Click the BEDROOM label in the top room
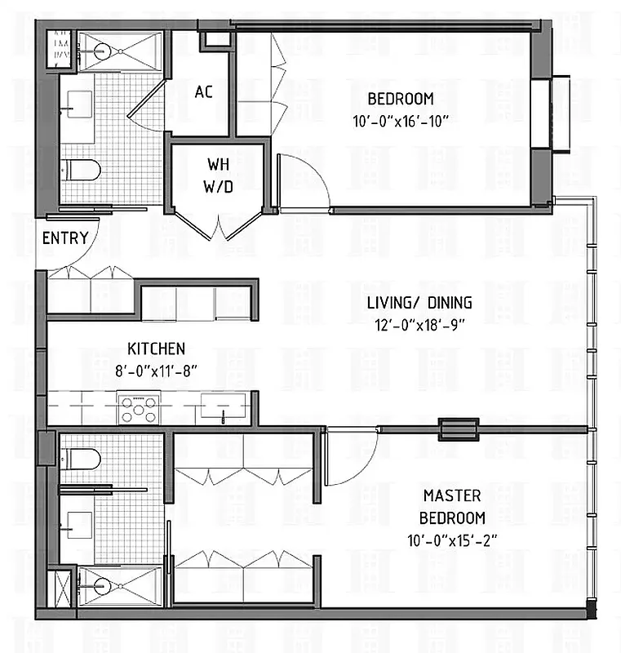(x=400, y=100)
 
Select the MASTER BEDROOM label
(x=452, y=506)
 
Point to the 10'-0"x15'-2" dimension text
(x=452, y=540)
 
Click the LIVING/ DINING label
(x=419, y=303)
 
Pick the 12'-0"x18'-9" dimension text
(x=419, y=324)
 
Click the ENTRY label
(x=65, y=238)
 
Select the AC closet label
(x=203, y=91)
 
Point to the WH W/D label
(x=218, y=175)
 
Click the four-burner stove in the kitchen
(x=138, y=408)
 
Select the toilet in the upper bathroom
(x=82, y=170)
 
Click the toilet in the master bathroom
(x=82, y=459)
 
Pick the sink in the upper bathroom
(x=80, y=104)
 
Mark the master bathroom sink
(x=80, y=520)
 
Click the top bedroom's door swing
(x=304, y=181)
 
